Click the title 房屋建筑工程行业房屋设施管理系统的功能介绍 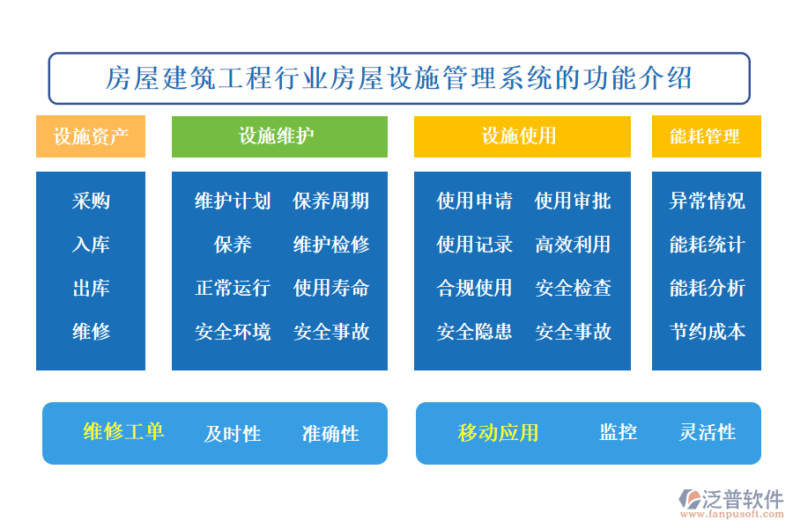point(398,78)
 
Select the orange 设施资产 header point(91,136)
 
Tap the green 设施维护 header point(278,136)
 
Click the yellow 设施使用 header point(522,136)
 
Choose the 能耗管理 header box point(706,136)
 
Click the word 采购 point(91,202)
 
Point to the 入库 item point(91,245)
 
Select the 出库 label point(91,288)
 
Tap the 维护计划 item point(233,202)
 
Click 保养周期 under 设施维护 point(331,202)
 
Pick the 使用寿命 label point(331,288)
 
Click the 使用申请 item point(474,202)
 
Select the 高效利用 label point(573,245)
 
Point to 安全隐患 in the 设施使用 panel point(474,332)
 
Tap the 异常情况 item point(707,202)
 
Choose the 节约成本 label point(707,332)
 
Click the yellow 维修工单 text point(123,431)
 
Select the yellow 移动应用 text point(498,433)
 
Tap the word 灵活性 point(708,433)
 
